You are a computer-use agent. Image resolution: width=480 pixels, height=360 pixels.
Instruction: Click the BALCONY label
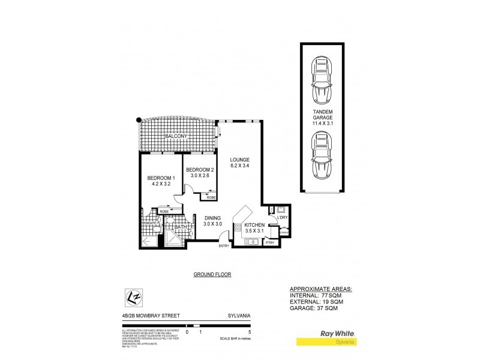[177, 137]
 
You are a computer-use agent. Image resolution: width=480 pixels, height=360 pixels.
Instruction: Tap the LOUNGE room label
[239, 160]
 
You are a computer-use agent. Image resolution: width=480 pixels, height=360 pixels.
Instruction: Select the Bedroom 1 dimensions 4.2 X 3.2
[161, 184]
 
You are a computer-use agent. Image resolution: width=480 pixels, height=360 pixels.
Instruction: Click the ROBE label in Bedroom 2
[211, 197]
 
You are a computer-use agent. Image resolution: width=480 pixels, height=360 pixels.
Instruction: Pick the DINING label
[213, 218]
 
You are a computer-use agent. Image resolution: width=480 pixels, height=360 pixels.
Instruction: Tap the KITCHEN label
[254, 224]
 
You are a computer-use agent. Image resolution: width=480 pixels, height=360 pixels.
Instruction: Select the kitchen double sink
[250, 241]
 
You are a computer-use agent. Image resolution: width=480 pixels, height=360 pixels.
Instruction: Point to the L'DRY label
[283, 217]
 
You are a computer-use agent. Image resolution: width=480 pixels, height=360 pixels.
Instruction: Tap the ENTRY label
[224, 245]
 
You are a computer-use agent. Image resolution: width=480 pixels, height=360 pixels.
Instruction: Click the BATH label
[181, 227]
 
